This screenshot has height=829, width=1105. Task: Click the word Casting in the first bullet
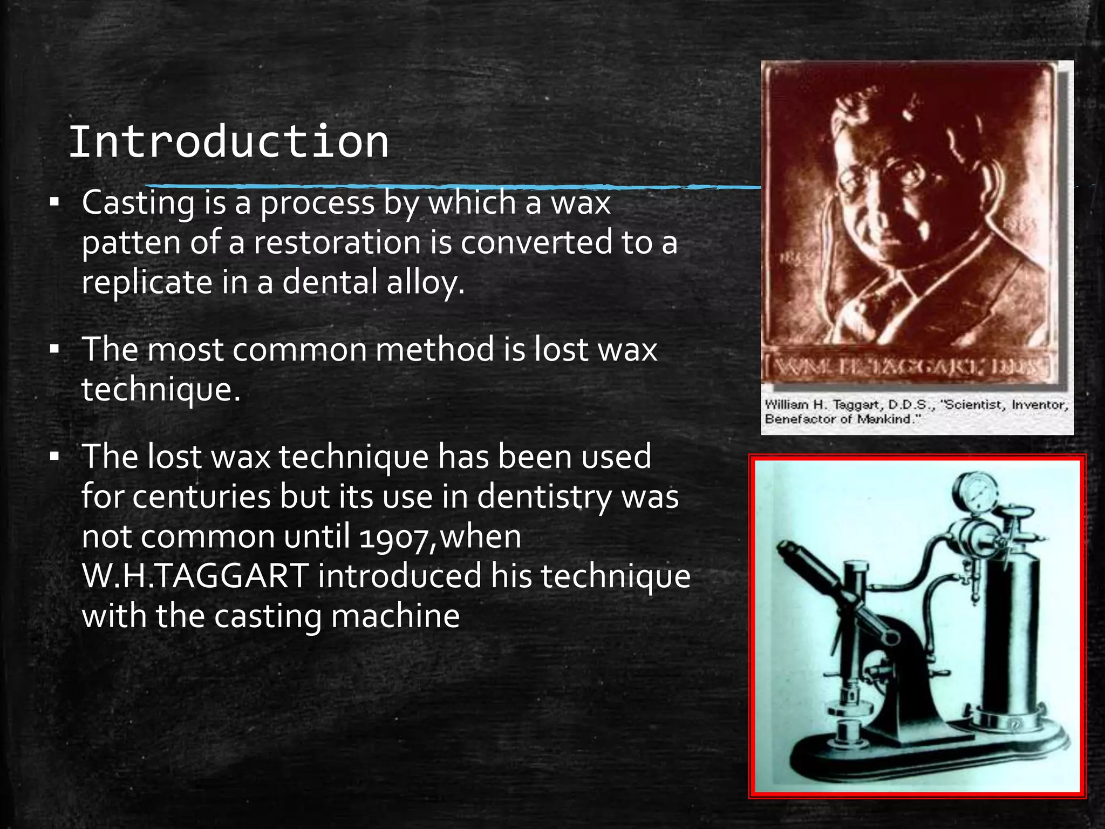pyautogui.click(x=138, y=203)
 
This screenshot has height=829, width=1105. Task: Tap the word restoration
pyautogui.click(x=337, y=242)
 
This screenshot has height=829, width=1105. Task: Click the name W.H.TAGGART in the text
pyautogui.click(x=195, y=576)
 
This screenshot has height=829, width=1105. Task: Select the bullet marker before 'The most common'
pyautogui.click(x=54, y=350)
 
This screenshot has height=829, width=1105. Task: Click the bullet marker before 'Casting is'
pyautogui.click(x=54, y=203)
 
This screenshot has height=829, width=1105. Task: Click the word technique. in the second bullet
pyautogui.click(x=161, y=390)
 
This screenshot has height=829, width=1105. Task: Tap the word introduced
pyautogui.click(x=399, y=576)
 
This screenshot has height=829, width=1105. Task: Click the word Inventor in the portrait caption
pyautogui.click(x=1040, y=405)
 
